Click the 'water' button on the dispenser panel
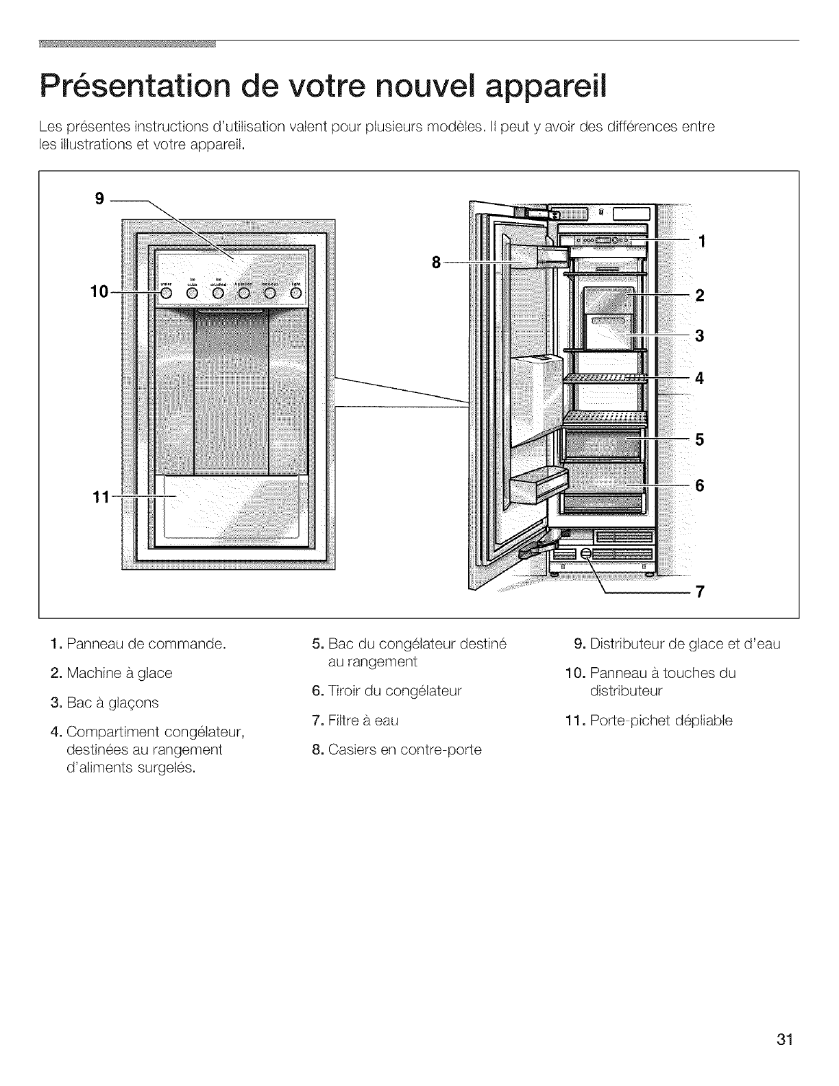pos(167,293)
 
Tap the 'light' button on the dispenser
pos(295,293)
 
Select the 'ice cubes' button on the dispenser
pos(193,293)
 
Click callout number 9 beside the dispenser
pos(100,200)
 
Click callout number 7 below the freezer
pos(701,592)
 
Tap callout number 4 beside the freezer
pos(700,378)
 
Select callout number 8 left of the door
pos(435,262)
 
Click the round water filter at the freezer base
pos(586,554)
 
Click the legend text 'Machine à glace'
pos(119,673)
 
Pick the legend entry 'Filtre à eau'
pos(363,721)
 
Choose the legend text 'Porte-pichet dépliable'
pos(661,721)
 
